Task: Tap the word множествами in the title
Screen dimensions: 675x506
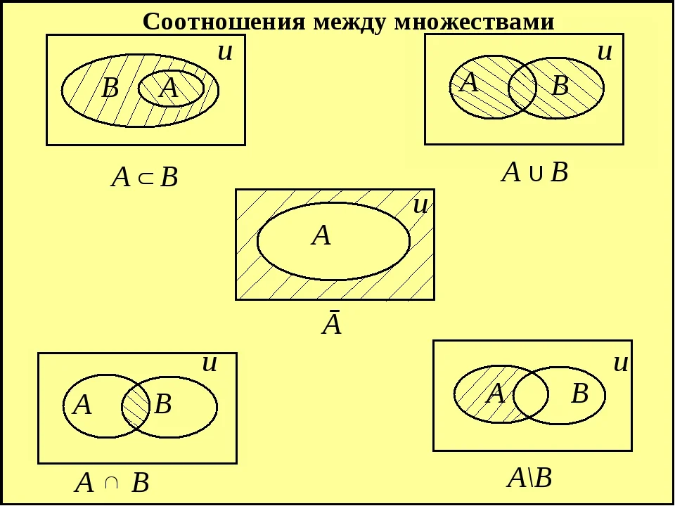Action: pos(474,22)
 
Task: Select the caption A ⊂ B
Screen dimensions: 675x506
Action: pos(144,177)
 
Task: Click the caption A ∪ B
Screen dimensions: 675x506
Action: pos(534,173)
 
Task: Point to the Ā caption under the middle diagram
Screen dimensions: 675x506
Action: pos(332,323)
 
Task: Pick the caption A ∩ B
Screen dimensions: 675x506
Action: pos(112,483)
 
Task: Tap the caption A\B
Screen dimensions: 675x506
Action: pos(529,478)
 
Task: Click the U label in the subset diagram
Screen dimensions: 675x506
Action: pos(225,52)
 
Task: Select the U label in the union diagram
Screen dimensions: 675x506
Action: pos(605,52)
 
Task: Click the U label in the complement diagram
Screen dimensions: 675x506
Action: pos(420,206)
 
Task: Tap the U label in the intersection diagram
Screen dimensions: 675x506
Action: pos(210,363)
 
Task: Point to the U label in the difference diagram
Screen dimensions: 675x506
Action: pos(620,363)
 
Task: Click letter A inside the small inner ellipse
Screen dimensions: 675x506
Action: pos(168,89)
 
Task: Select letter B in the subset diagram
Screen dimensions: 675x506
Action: pos(110,89)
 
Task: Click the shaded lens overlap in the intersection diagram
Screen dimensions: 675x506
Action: pos(136,406)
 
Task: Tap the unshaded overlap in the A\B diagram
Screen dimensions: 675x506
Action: pos(531,394)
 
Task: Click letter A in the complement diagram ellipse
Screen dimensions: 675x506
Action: pos(321,235)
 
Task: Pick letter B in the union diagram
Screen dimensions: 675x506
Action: pos(560,85)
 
